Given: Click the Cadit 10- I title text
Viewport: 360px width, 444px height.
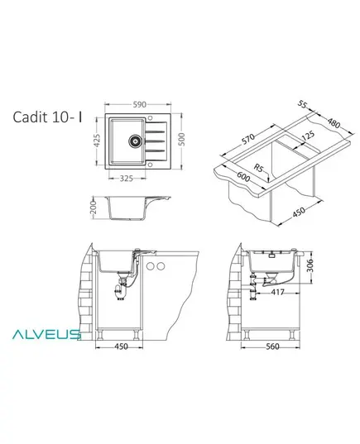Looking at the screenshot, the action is tap(47, 117).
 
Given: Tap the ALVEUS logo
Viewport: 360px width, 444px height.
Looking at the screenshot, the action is tap(46, 334).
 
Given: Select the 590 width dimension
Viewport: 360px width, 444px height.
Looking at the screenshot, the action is tap(140, 104).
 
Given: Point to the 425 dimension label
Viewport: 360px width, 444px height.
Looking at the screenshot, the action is tap(97, 141).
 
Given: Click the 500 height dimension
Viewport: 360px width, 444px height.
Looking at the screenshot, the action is tap(182, 139).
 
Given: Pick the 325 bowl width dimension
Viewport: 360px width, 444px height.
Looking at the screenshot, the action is tap(126, 179).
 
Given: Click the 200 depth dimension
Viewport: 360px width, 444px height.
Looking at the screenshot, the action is tap(94, 208).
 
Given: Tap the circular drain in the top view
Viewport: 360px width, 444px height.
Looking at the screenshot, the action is tap(135, 141).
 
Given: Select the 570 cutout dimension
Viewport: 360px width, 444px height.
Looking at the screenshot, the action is tap(248, 139).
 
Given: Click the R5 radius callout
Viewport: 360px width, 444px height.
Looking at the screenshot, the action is tap(258, 168).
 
